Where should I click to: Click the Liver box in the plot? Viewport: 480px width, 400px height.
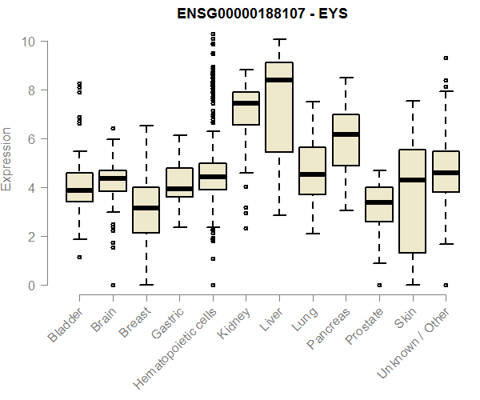coord(278,106)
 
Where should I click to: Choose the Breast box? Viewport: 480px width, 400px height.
coord(146,210)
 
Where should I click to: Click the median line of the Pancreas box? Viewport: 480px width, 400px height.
coord(346,134)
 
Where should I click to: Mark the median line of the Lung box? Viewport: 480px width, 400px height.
coord(312,174)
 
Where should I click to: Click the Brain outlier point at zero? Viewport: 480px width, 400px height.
coord(113,285)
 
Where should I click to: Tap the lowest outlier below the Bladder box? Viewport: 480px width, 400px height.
coord(79,257)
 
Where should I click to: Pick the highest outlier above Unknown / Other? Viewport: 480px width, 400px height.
coord(446,58)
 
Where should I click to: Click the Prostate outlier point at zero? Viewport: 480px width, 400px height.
coord(379,285)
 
